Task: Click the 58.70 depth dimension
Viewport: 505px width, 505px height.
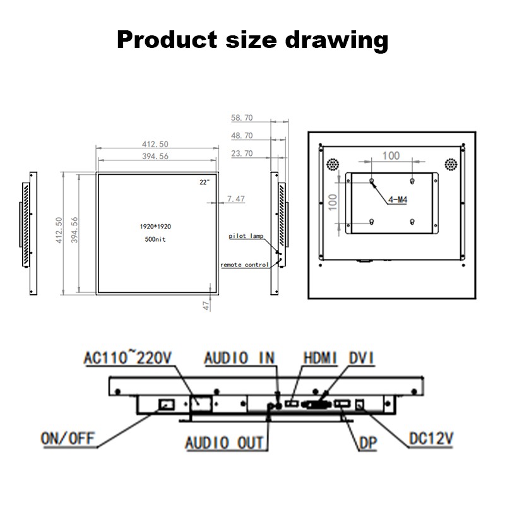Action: point(242,118)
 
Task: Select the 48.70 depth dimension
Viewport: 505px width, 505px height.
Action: point(242,136)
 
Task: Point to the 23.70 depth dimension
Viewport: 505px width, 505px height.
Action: point(242,153)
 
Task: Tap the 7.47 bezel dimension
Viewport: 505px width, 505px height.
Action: point(236,199)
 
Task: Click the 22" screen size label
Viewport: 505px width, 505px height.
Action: point(205,182)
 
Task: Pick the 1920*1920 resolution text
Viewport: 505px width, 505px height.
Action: point(155,227)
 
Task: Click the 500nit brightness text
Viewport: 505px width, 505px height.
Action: point(155,239)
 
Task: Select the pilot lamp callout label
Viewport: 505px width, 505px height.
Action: point(246,236)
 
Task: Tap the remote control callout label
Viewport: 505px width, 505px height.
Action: point(244,264)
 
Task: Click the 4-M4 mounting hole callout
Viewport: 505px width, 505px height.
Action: point(398,200)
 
